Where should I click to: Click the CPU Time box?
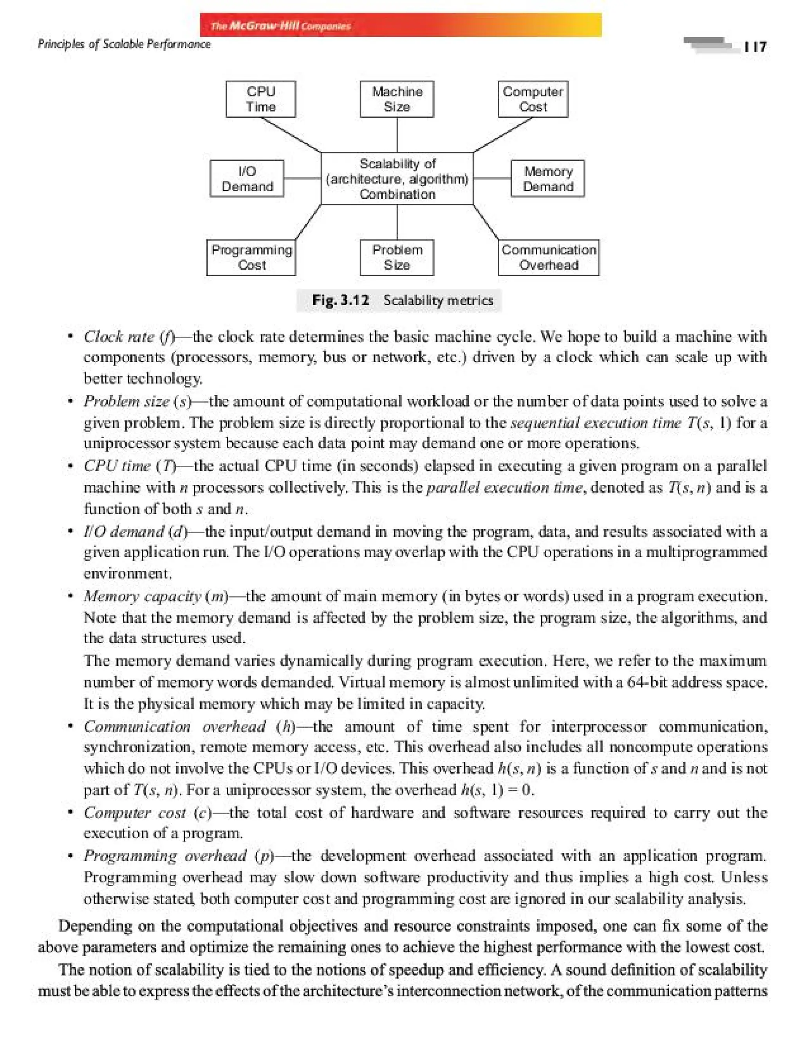click(x=261, y=99)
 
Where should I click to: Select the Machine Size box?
click(x=397, y=99)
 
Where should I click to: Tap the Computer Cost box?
click(x=533, y=99)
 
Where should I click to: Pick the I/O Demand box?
click(x=247, y=179)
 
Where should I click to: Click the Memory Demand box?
click(x=547, y=179)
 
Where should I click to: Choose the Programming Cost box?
click(x=251, y=257)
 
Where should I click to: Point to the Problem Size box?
click(x=397, y=257)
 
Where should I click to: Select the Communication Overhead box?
click(x=549, y=257)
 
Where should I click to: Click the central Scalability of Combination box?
click(x=397, y=179)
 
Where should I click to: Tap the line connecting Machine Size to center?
click(x=397, y=135)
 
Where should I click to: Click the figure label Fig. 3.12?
click(x=340, y=300)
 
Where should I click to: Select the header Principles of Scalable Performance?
click(x=124, y=44)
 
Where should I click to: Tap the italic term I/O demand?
click(x=124, y=531)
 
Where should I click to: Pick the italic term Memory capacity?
click(x=142, y=596)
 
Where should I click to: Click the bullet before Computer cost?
click(x=70, y=812)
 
